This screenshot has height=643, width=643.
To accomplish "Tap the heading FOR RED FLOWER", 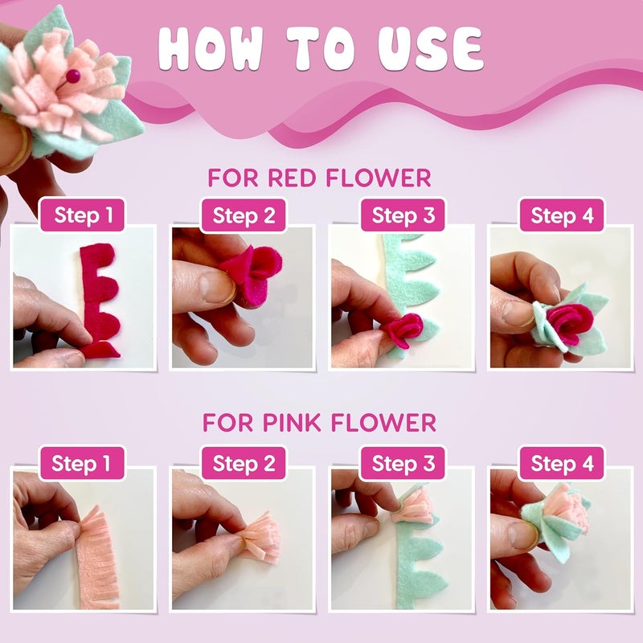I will [319, 177].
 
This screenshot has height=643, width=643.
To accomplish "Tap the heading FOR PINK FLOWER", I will [319, 422].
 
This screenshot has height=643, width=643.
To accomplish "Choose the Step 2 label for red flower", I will [244, 215].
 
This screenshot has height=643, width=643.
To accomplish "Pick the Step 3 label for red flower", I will [403, 215].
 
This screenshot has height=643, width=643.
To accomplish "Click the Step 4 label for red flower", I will [562, 215].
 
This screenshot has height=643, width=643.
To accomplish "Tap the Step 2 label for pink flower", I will [244, 464].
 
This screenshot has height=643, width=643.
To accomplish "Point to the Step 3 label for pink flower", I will [403, 464].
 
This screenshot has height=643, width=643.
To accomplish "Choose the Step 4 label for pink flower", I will [562, 464].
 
